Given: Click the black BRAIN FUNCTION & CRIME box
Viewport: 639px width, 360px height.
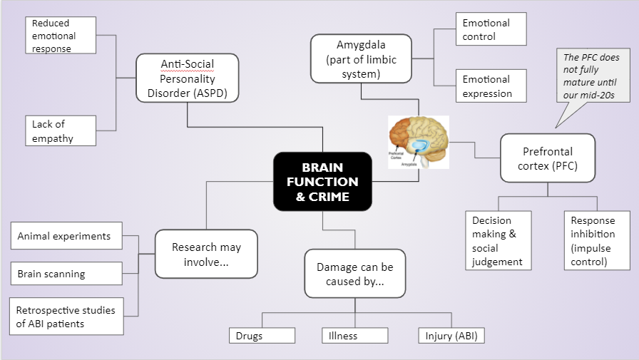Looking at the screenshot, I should pos(322,181).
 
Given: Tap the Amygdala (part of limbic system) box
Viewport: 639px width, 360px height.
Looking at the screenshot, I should pos(361,58).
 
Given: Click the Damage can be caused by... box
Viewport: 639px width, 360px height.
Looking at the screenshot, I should pos(354,274).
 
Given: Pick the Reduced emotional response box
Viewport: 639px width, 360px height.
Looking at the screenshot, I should pos(61,36).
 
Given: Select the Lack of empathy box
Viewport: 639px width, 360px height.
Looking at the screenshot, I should pos(61,131).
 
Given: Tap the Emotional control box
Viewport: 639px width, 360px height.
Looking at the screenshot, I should pos(491,29).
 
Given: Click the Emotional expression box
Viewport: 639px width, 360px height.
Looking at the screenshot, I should pos(491,86).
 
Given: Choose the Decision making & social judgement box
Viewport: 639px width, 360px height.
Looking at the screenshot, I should pos(498,241).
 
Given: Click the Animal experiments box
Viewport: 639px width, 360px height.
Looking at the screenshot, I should pos(66,236).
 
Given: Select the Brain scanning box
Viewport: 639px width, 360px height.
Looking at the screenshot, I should pos(66,273).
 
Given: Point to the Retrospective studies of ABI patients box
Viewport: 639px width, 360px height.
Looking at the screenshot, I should pos(66,317).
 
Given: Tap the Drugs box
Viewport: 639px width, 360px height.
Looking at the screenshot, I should pos(262,336).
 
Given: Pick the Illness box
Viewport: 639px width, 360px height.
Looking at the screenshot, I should pos(354,336).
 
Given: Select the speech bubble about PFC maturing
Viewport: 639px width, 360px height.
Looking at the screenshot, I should pos(590,77).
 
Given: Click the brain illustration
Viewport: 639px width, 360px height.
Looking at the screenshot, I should pos(418,142).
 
